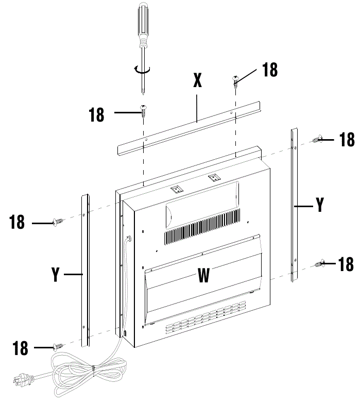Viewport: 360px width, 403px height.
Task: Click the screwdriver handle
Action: [142, 23]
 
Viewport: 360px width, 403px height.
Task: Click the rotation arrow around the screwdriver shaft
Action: [141, 70]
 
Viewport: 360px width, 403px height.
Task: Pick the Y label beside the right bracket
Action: [319, 205]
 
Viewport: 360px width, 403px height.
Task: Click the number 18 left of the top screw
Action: [96, 114]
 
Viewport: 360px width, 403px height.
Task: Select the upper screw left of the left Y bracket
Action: [58, 222]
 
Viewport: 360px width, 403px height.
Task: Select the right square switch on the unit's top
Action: [213, 178]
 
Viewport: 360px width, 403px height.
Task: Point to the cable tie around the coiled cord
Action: [93, 367]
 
